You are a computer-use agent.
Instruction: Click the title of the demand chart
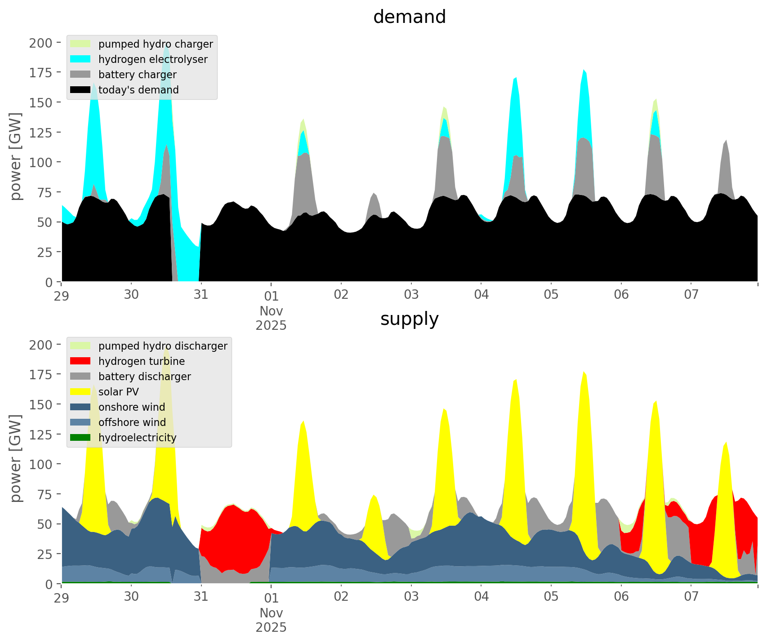click(x=409, y=17)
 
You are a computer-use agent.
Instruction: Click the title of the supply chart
click(x=409, y=319)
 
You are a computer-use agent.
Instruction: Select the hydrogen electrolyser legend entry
click(x=153, y=59)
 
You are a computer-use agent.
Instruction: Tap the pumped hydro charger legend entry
click(x=156, y=44)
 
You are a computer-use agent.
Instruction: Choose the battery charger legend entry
click(x=137, y=75)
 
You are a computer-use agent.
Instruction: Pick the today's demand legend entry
click(x=138, y=90)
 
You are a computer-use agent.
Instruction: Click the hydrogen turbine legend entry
click(x=142, y=361)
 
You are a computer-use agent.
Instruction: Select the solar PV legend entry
click(x=119, y=392)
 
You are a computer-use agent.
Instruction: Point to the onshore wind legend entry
click(x=132, y=407)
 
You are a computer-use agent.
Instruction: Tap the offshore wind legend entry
click(x=132, y=422)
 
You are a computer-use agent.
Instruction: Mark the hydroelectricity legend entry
click(x=137, y=438)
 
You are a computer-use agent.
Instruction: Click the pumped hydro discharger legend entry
click(x=163, y=346)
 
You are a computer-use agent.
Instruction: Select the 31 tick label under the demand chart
click(x=201, y=295)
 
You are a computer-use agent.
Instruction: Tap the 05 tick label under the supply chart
click(x=551, y=597)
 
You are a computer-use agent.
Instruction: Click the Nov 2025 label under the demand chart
click(x=271, y=318)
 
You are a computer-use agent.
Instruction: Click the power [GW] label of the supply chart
click(x=16, y=458)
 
